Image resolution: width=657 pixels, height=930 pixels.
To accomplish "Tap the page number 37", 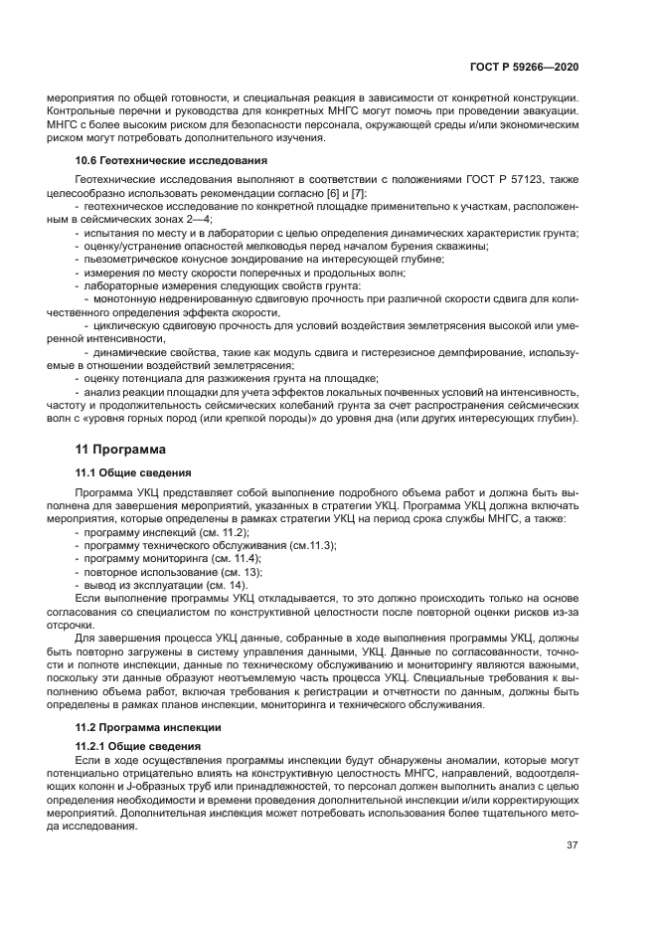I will (573, 845).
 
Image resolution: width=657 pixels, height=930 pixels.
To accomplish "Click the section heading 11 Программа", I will (123, 449).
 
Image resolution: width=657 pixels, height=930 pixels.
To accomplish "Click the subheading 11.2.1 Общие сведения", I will (138, 745).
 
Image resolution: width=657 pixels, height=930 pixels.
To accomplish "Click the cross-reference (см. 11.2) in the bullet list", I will (224, 532).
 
